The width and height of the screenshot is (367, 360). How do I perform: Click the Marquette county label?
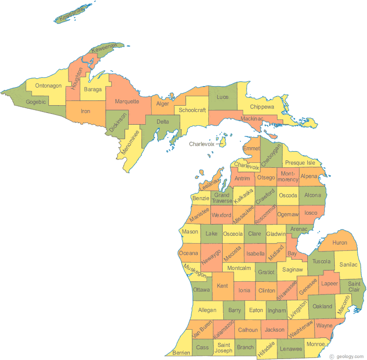point(127,102)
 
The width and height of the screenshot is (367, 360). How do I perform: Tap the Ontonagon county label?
point(47,86)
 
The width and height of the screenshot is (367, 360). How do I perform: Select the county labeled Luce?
point(223,97)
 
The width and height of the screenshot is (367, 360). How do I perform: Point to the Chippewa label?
point(262,107)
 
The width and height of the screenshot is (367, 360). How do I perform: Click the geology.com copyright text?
point(346,356)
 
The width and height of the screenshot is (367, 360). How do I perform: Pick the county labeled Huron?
point(340,243)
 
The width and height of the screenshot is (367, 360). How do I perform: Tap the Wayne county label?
point(324,325)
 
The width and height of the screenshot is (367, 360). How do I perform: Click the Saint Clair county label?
point(354,287)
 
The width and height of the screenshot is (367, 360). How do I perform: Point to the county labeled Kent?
point(222,285)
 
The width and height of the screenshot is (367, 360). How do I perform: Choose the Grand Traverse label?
point(222,198)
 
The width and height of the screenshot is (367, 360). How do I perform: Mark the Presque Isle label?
point(300,162)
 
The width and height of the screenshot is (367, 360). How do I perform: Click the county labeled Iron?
point(86,111)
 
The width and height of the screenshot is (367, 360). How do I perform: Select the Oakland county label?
point(322,307)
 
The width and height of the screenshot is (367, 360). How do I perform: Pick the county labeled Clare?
point(254,234)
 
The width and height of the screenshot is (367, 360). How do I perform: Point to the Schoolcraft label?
point(192,110)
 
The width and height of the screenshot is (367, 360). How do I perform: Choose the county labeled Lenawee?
point(291,348)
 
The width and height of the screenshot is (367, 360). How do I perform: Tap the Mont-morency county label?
point(288,177)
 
